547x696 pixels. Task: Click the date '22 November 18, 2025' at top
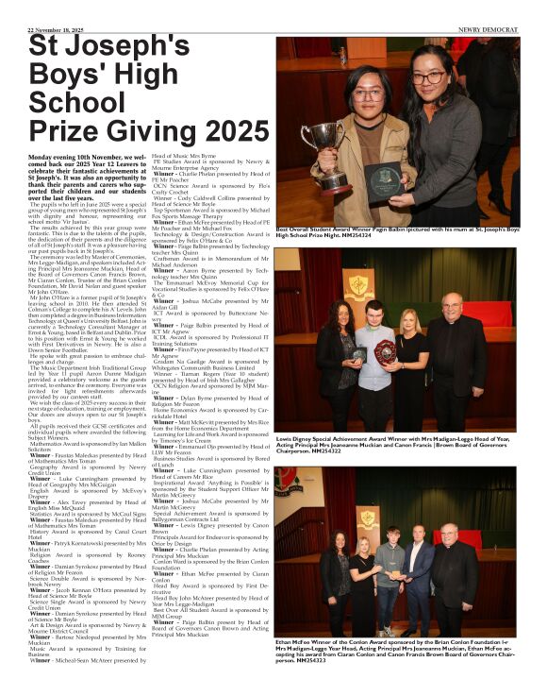tap(54, 27)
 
